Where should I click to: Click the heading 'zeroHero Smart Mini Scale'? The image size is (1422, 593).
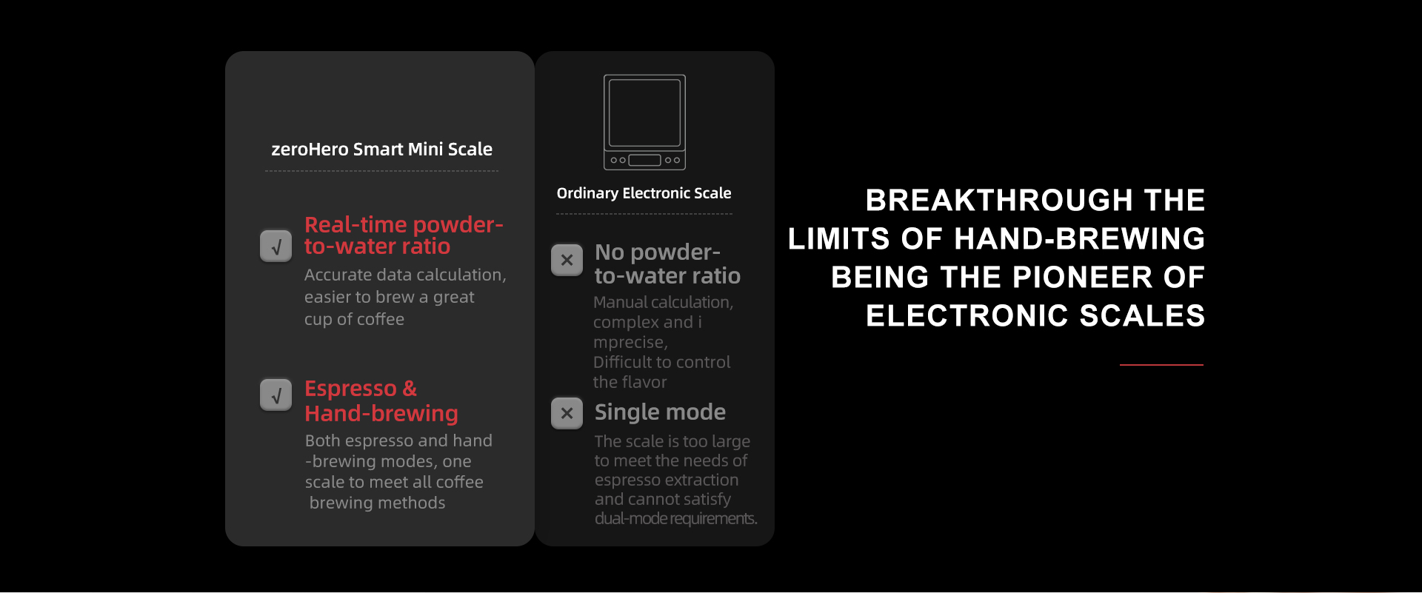tap(381, 149)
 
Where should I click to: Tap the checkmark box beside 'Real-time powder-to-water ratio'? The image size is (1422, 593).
tap(276, 246)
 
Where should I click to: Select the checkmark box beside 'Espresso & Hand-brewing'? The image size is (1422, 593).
tap(276, 395)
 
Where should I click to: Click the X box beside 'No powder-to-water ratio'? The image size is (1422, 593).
tap(567, 260)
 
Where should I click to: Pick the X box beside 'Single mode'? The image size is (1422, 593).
tap(567, 413)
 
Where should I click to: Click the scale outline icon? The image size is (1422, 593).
tap(644, 122)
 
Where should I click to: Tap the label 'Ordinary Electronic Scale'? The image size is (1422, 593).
tap(644, 193)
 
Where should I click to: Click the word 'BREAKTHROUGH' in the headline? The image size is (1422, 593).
tap(999, 200)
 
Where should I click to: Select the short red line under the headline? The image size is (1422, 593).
tap(1161, 365)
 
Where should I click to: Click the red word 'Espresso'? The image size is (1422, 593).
tap(350, 389)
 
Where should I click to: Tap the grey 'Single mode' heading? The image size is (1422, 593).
tap(660, 412)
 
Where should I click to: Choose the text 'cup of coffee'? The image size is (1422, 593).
tap(354, 319)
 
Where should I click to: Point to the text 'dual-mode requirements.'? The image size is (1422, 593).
tap(675, 518)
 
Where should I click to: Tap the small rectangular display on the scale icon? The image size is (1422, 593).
tap(644, 160)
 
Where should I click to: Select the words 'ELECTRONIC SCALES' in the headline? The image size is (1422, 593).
tap(1035, 315)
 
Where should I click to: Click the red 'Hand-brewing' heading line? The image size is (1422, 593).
tap(381, 413)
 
